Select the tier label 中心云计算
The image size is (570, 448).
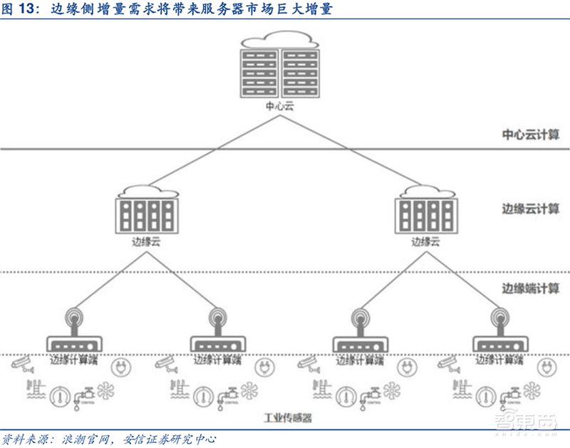coord(530,135)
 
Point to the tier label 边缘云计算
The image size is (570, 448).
coord(530,210)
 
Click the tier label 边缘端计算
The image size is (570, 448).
coord(530,288)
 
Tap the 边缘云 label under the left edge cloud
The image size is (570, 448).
coord(146,241)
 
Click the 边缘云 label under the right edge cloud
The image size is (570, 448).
coord(425,241)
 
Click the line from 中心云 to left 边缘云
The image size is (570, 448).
coord(214,151)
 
